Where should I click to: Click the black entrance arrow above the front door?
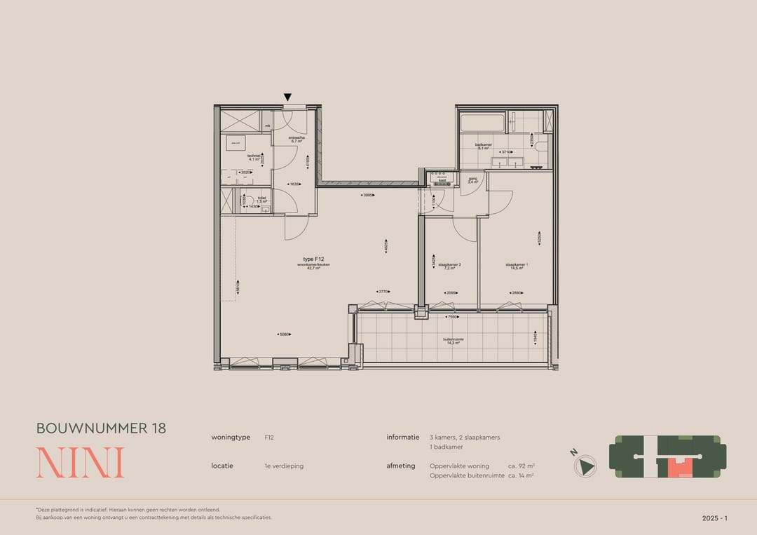point(287,97)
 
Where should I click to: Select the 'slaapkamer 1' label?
point(517,266)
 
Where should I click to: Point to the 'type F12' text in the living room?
point(313,259)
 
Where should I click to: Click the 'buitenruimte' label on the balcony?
point(452,341)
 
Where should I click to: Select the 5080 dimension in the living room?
point(284,334)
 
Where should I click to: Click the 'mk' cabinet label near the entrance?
point(267,126)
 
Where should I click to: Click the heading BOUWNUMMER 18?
point(101,428)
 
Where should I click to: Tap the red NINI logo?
point(80,463)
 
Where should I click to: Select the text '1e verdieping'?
point(284,466)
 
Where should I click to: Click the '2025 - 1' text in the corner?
point(714,518)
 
